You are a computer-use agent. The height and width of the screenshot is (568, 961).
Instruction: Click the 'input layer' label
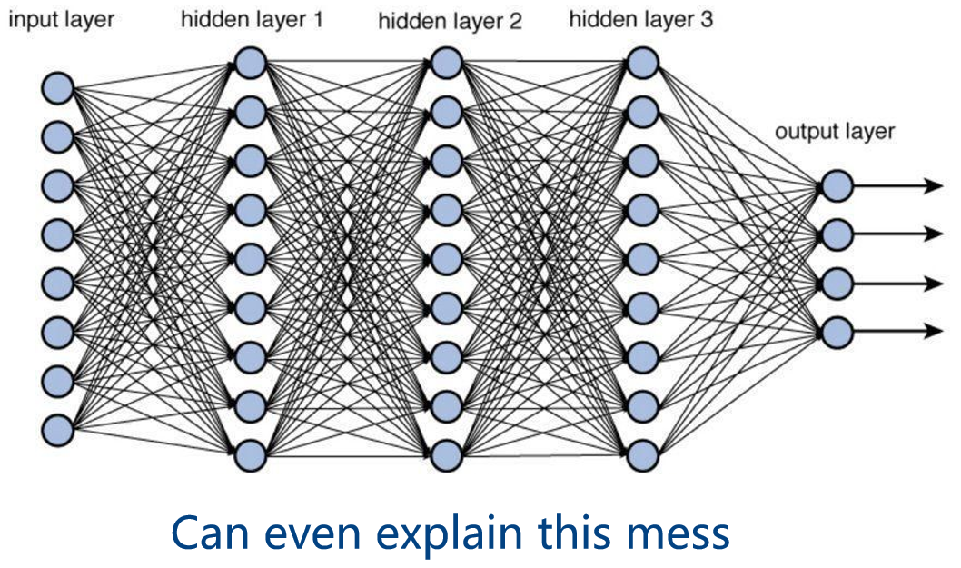pyautogui.click(x=61, y=20)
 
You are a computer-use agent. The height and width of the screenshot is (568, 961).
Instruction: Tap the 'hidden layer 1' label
pyautogui.click(x=252, y=19)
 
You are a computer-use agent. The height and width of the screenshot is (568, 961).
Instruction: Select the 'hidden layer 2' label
pyautogui.click(x=450, y=21)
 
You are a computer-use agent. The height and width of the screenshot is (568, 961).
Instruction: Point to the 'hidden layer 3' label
pyautogui.click(x=641, y=19)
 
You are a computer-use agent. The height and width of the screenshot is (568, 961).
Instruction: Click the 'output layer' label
pyautogui.click(x=835, y=131)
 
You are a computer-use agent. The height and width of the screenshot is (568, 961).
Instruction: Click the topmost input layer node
pyautogui.click(x=57, y=87)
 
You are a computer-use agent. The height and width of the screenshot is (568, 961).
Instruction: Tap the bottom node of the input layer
pyautogui.click(x=57, y=430)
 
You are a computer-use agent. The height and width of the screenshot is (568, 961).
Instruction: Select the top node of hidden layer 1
pyautogui.click(x=250, y=64)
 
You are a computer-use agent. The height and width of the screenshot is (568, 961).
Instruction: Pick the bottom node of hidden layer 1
pyautogui.click(x=250, y=455)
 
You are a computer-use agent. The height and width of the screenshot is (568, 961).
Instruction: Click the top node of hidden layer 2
pyautogui.click(x=446, y=64)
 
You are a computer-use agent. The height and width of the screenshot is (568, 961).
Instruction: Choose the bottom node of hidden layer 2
pyautogui.click(x=446, y=455)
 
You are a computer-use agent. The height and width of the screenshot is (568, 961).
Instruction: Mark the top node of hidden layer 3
pyautogui.click(x=642, y=64)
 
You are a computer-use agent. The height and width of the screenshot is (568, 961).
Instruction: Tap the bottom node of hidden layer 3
pyautogui.click(x=642, y=455)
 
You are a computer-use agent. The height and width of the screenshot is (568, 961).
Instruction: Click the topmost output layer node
pyautogui.click(x=837, y=185)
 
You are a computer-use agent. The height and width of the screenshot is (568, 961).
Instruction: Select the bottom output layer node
pyautogui.click(x=837, y=332)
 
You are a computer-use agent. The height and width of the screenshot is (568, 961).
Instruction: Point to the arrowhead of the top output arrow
pyautogui.click(x=934, y=185)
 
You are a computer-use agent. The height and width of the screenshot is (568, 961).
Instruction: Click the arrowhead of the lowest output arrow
pyautogui.click(x=934, y=332)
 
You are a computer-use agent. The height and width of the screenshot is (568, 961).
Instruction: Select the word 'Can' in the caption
pyautogui.click(x=211, y=533)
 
